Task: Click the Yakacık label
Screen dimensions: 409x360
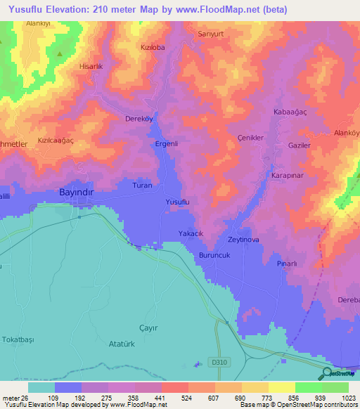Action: coord(191,235)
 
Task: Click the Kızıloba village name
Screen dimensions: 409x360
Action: coord(153,48)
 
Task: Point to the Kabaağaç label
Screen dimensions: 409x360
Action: coord(290,112)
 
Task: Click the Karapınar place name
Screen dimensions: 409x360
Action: coord(287,175)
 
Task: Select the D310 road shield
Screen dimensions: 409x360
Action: coord(219,362)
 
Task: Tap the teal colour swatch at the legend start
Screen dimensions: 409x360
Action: coord(41,387)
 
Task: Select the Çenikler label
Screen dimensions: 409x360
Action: coord(250,138)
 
